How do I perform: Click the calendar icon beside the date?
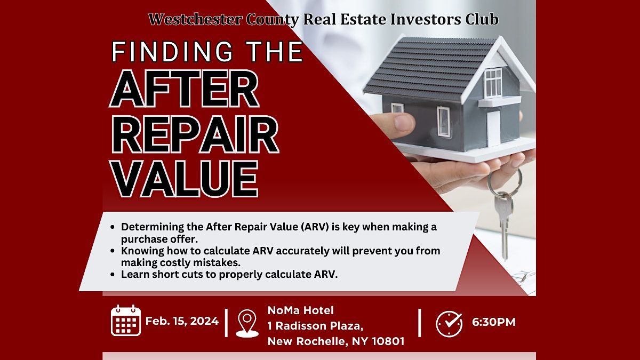[126, 321]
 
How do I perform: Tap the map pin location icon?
[247, 323]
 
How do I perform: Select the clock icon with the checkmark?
[449, 324]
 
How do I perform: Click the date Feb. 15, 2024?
[182, 321]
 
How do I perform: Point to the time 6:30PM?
[494, 322]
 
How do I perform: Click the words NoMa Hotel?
[301, 310]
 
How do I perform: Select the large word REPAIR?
[195, 134]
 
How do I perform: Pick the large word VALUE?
[185, 179]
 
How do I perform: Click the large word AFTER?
[185, 89]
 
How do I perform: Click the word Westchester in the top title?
[195, 19]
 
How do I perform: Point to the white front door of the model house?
[493, 128]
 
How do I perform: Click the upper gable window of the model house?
[493, 83]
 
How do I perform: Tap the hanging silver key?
[503, 226]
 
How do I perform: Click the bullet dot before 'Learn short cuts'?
[113, 275]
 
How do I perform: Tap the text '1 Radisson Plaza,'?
[315, 326]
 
